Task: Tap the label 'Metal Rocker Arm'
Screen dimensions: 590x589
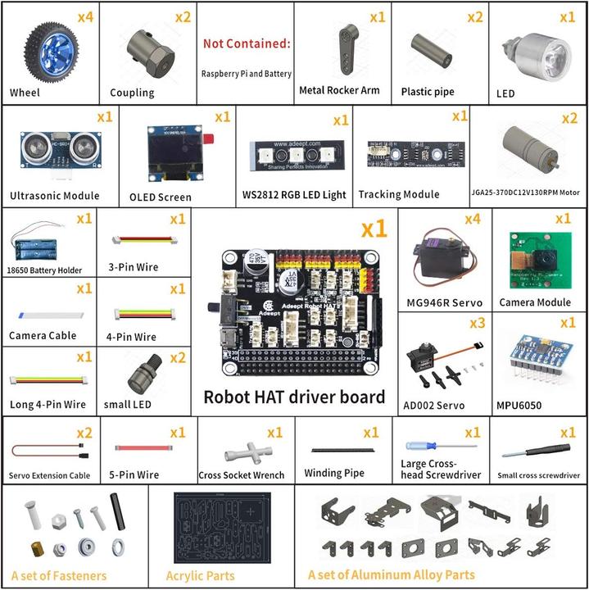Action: [339, 90]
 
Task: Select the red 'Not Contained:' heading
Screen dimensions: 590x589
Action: [247, 43]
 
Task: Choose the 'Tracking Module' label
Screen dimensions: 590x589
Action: [400, 194]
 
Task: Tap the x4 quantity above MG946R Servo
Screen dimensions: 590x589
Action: [472, 220]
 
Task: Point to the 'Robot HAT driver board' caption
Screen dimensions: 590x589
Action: [294, 397]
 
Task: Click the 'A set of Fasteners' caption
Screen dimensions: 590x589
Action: [59, 575]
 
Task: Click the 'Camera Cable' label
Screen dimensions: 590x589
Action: [43, 335]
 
